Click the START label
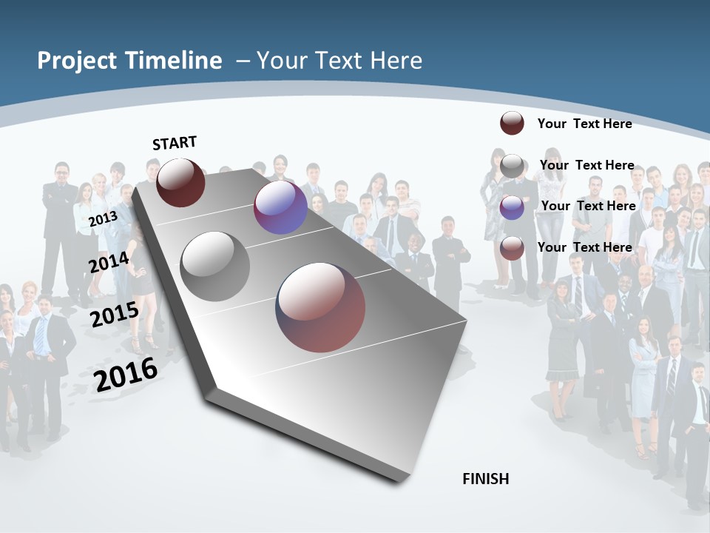175,143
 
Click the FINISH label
486,478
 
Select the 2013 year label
103,219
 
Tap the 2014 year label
109,263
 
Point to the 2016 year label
126,375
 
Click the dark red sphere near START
180,182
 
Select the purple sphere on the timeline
280,207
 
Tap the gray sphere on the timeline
215,266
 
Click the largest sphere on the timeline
320,307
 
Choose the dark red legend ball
512,123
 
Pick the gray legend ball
512,166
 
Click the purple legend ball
512,207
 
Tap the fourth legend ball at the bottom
512,248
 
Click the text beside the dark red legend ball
584,124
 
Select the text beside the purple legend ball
588,206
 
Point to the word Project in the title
77,61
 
